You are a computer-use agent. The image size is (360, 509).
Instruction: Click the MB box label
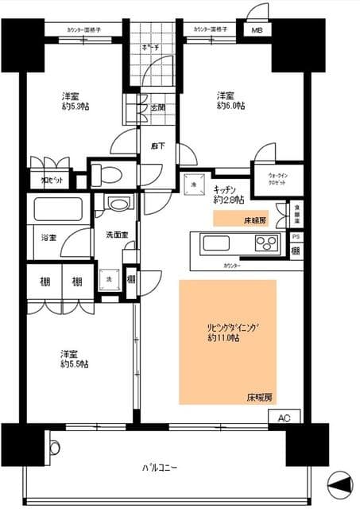(257, 31)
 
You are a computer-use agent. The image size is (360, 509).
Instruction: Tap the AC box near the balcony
(284, 417)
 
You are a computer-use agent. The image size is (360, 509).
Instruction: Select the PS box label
(296, 237)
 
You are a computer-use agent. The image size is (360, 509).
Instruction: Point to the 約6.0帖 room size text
(231, 106)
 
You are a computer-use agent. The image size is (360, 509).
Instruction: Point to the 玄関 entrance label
(156, 107)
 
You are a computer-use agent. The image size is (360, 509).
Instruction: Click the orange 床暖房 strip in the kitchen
(241, 218)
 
